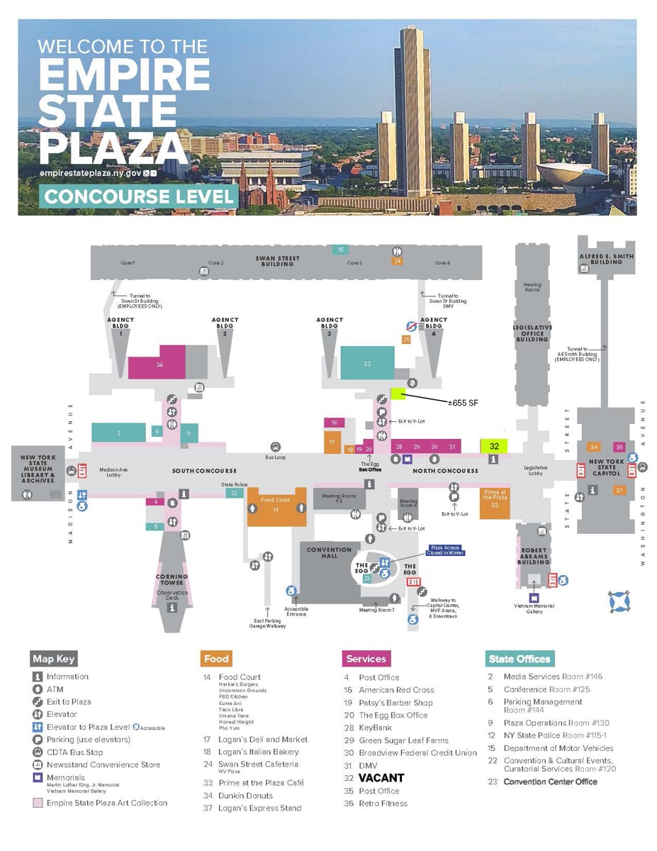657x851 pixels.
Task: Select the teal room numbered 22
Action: coord(367,363)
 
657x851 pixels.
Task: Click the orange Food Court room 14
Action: coord(276,507)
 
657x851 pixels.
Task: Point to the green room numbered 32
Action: coord(494,446)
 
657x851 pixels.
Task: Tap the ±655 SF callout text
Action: coord(463,403)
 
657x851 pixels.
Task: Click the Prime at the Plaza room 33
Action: coord(494,501)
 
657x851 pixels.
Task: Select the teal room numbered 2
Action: coord(118,433)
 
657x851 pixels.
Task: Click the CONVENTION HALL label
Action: coord(329,553)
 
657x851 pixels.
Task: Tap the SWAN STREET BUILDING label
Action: coord(277,261)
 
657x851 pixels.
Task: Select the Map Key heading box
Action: coord(54,659)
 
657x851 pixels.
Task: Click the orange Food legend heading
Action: coord(216,659)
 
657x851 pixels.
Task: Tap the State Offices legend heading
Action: coord(520,659)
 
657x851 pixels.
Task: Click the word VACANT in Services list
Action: coord(381,778)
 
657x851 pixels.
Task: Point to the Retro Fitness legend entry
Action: coord(383,803)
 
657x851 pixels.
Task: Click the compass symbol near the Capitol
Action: coord(619,601)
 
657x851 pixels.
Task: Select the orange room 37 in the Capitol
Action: coord(619,491)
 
